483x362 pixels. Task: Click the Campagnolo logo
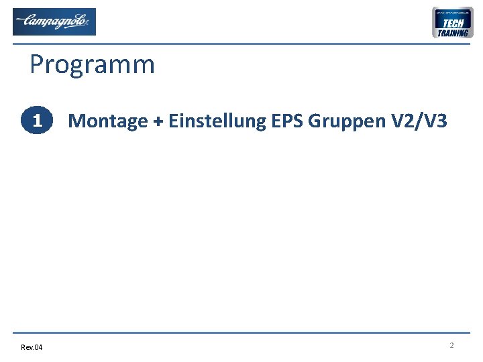click(x=54, y=21)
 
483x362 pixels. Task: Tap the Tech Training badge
click(x=453, y=23)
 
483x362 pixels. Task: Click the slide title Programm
click(x=92, y=65)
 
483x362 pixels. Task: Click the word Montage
click(x=107, y=121)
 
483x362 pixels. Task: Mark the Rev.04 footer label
click(x=31, y=347)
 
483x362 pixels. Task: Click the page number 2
click(x=451, y=345)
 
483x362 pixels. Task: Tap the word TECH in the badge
click(x=453, y=23)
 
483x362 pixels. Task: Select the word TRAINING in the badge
click(x=453, y=33)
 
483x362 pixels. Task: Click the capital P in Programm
click(x=38, y=65)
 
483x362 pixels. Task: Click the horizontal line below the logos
click(x=241, y=44)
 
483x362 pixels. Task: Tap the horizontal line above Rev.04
click(x=241, y=333)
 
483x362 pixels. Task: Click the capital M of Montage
click(x=76, y=121)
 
